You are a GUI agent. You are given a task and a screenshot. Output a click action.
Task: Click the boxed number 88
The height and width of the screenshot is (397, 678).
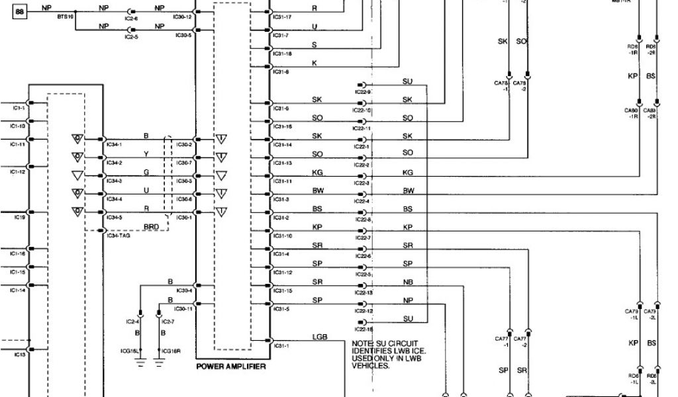[x=19, y=12]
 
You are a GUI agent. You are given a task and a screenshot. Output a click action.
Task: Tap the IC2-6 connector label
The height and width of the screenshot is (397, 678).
[x=131, y=20]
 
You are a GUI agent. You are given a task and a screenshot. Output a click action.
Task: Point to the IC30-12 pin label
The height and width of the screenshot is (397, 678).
[x=183, y=17]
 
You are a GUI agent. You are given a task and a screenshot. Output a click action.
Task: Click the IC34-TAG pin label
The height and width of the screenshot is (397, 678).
[x=119, y=236]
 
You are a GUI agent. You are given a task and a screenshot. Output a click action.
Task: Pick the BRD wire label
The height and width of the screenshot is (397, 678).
[x=152, y=226]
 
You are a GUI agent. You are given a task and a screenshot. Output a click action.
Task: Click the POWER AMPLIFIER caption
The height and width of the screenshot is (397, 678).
[x=231, y=367]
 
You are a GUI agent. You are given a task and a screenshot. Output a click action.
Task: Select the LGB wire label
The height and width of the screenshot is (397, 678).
[x=320, y=337]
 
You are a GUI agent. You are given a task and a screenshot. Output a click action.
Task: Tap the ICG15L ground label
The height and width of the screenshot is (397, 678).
[x=139, y=351]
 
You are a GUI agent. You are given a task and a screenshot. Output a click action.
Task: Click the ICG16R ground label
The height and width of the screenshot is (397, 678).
[x=170, y=351]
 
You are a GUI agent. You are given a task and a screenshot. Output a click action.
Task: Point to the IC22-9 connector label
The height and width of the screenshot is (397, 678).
[x=363, y=92]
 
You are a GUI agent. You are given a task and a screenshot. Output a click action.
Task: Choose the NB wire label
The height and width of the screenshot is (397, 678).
[x=408, y=282]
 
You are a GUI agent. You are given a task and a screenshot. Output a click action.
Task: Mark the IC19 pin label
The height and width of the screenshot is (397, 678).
[x=19, y=217]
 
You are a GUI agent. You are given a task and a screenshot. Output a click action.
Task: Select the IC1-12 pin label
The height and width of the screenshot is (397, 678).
[x=18, y=172]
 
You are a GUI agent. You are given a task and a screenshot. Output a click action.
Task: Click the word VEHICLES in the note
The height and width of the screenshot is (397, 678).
[x=371, y=365]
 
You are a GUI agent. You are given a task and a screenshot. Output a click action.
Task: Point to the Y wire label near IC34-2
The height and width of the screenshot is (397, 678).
[x=146, y=154]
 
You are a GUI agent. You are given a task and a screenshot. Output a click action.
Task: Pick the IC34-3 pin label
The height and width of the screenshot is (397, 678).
[x=115, y=181]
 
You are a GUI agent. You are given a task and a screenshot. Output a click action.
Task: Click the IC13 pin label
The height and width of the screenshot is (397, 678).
[x=19, y=355]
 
